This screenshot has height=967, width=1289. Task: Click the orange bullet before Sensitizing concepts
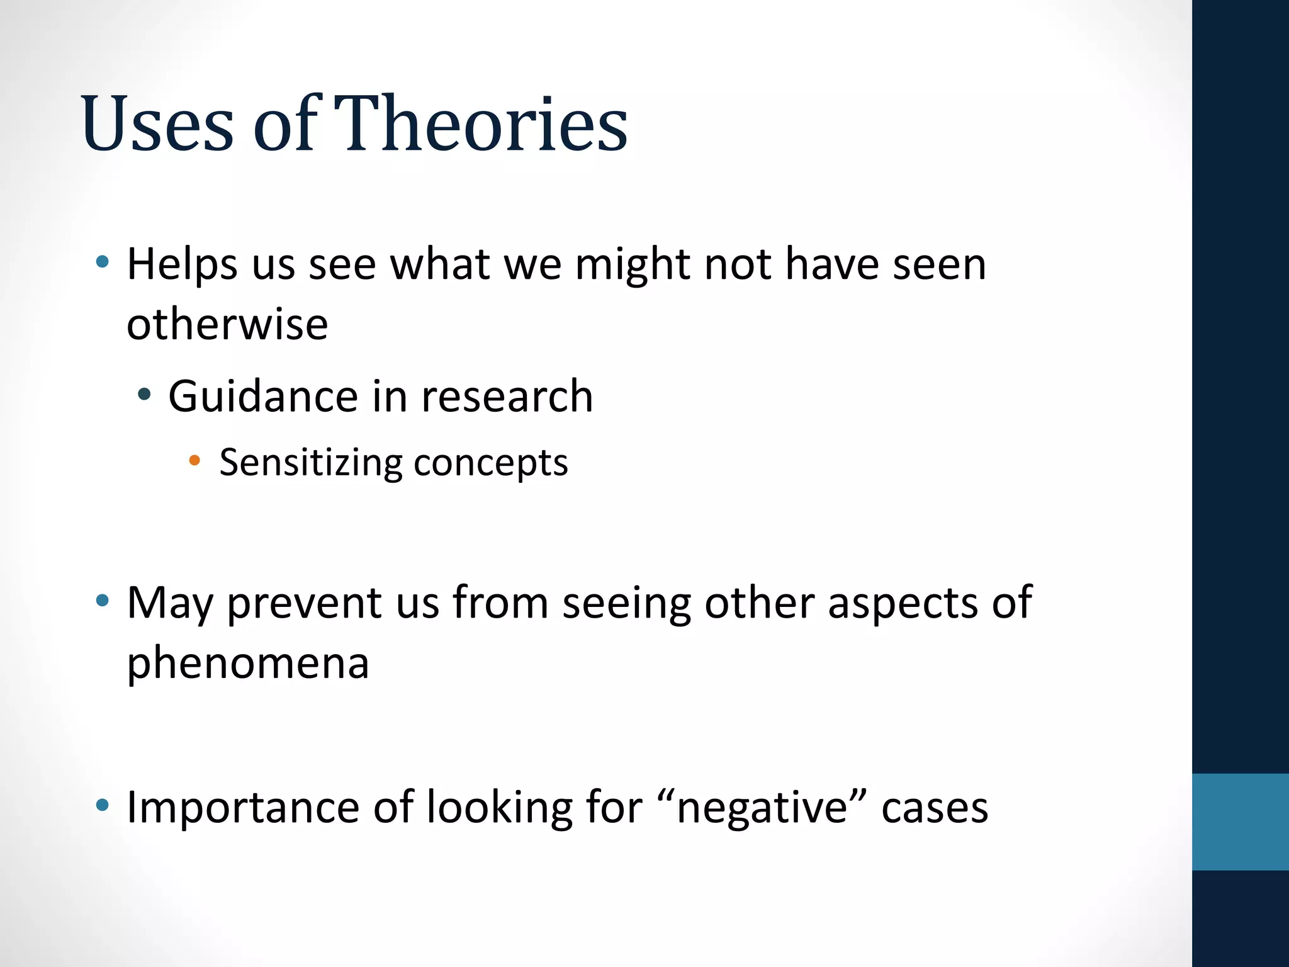point(194,461)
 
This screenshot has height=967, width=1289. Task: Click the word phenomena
point(247,662)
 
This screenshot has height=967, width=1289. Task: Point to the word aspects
point(903,603)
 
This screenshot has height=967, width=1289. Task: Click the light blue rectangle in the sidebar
point(1240,822)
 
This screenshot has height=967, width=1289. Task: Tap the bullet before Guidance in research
point(145,395)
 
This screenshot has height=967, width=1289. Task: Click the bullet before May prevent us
point(102,600)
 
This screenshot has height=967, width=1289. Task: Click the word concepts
point(490,463)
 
